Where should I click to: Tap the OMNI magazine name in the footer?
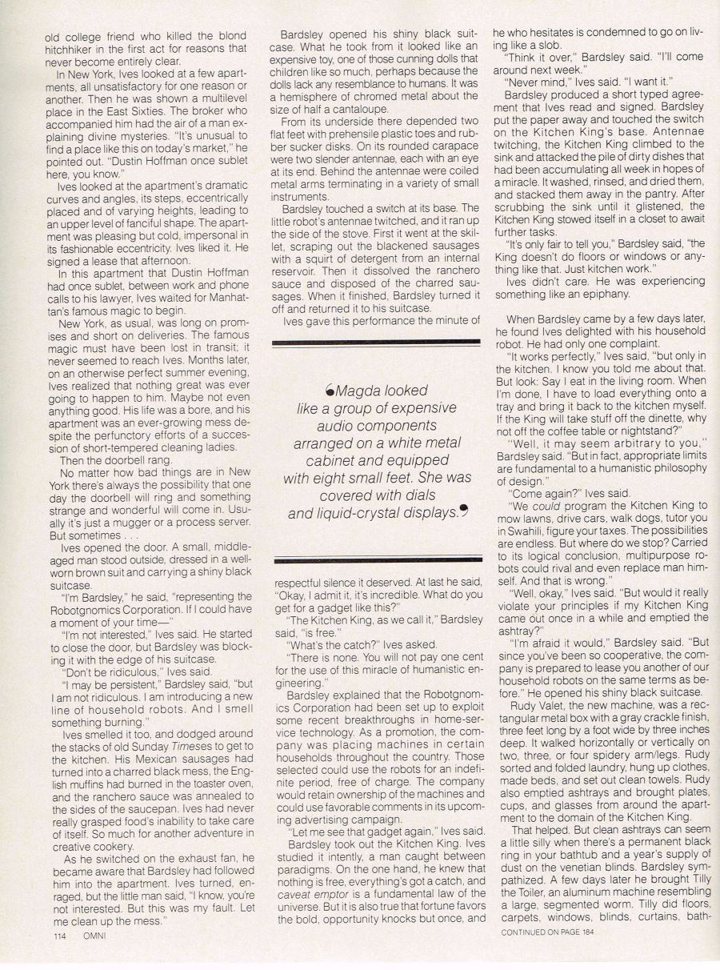coord(94,935)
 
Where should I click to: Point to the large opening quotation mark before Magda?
coord(330,390)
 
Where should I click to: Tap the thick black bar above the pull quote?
coord(377,342)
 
